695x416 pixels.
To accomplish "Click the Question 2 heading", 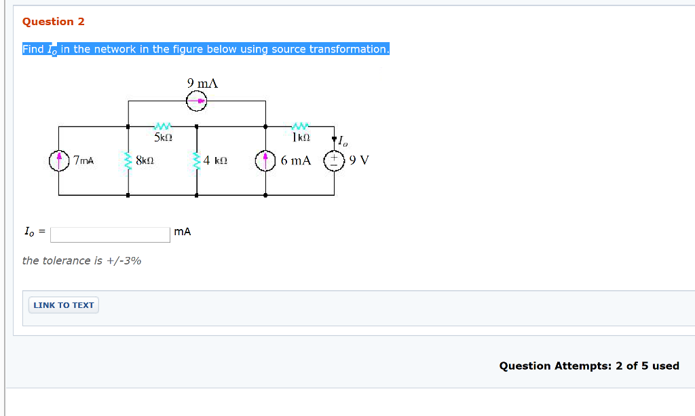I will coord(54,22).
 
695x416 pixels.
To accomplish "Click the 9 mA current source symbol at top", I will coord(197,101).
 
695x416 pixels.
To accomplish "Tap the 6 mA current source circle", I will coord(265,161).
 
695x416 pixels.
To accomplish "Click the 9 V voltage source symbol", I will coord(333,161).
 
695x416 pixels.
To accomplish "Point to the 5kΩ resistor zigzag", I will coord(163,126).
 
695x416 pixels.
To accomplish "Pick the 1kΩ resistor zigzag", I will coord(299,126).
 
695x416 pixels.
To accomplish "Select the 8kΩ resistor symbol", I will coord(128,161).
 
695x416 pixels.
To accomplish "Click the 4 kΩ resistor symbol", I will coord(197,161).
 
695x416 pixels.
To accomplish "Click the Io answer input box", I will coord(110,235).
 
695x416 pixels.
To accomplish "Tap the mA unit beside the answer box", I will coord(183,232).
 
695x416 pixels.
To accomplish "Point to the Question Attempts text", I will coord(588,366).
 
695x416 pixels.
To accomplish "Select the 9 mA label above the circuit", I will coord(202,83).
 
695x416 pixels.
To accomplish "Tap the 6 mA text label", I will coord(296,161).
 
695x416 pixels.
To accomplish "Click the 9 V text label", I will coord(360,161).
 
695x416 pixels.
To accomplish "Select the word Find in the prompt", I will coord(33,50).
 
